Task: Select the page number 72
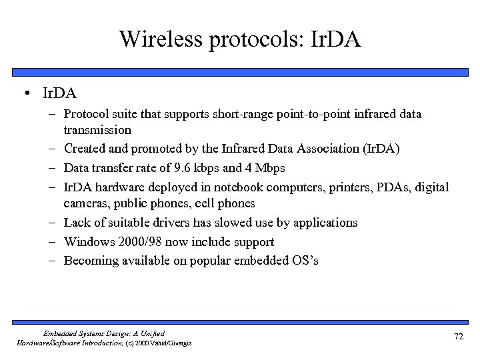click(x=458, y=337)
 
